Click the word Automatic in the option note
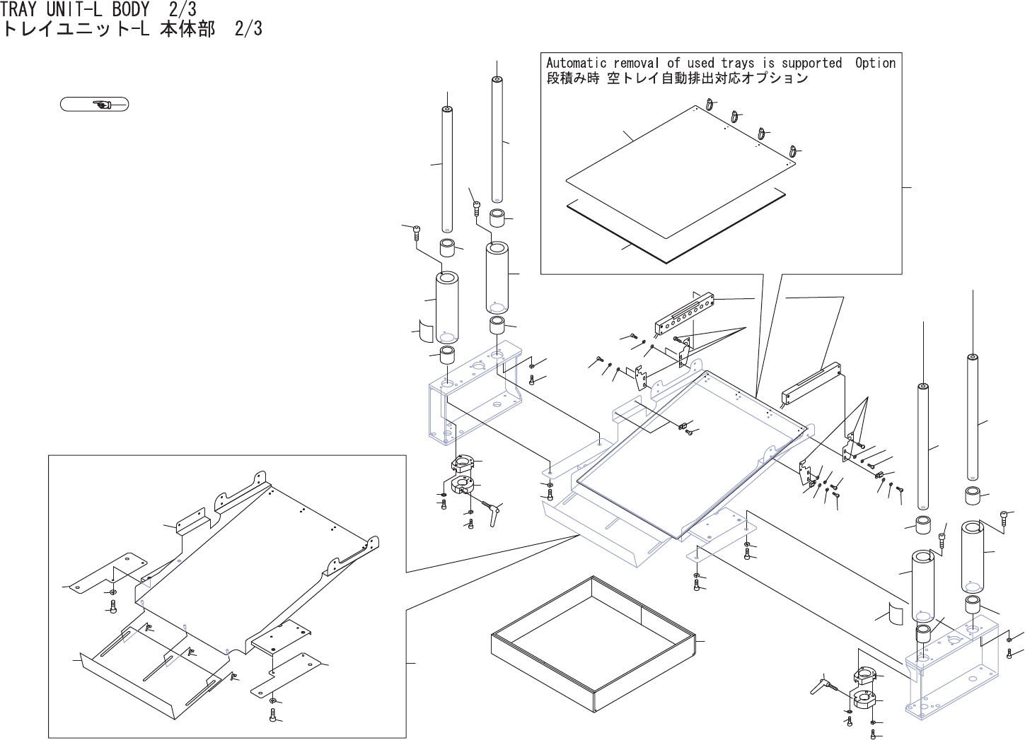[576, 63]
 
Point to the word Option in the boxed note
[875, 63]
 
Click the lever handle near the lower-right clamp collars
[828, 683]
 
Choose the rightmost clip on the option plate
[792, 151]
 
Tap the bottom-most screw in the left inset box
[273, 715]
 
